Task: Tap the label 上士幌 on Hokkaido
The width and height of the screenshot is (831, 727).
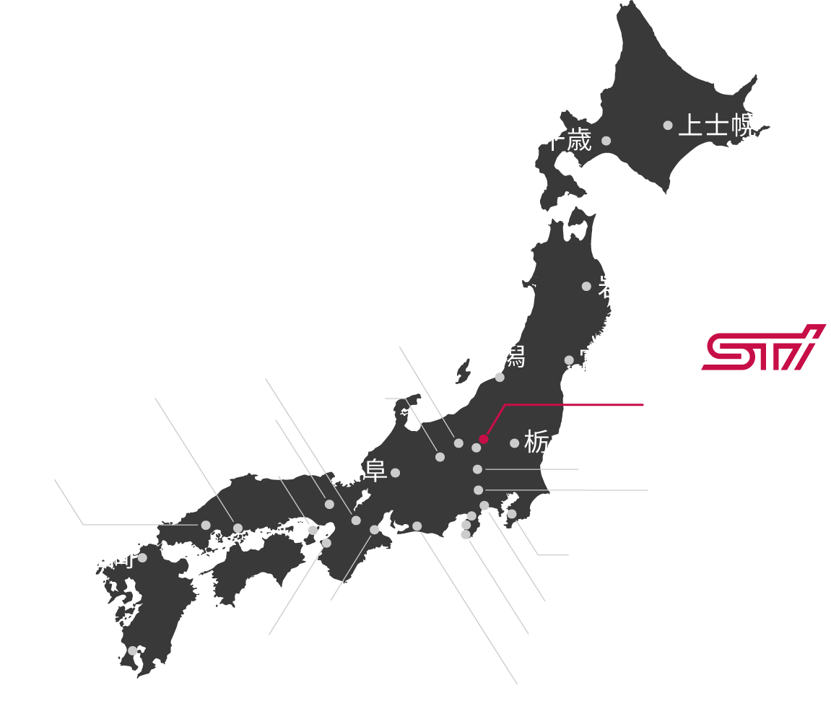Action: pos(717,126)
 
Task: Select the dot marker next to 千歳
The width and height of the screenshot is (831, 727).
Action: pos(606,141)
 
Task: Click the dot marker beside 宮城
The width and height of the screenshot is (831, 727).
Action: pos(569,360)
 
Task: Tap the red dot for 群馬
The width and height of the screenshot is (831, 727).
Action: pos(483,438)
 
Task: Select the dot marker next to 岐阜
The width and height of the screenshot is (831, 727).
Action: pos(395,473)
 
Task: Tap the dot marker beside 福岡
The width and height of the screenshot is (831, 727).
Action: pos(142,557)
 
